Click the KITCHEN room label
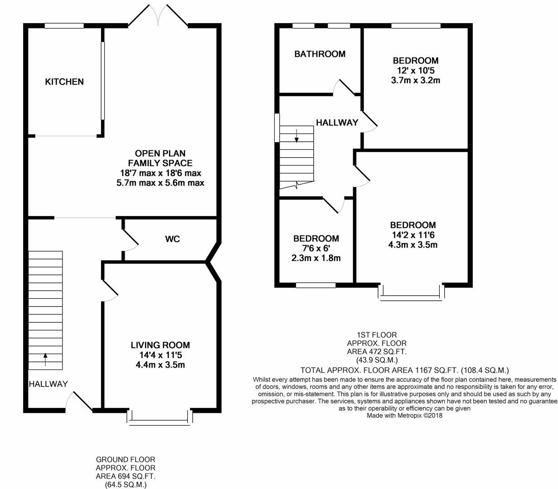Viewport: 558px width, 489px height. (64, 82)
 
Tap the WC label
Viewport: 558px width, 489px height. (172, 239)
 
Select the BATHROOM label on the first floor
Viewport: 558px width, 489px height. (320, 54)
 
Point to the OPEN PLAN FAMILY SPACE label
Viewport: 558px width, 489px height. (160, 158)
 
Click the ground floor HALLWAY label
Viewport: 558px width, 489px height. (48, 384)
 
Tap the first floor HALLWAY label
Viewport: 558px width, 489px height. (337, 123)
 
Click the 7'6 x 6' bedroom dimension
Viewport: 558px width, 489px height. (316, 248)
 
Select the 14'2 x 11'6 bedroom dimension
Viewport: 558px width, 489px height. (413, 235)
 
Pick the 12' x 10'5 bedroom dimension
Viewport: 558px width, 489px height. (415, 71)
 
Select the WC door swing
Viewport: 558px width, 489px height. (131, 241)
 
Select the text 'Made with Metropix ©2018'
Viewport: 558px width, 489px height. (404, 415)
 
